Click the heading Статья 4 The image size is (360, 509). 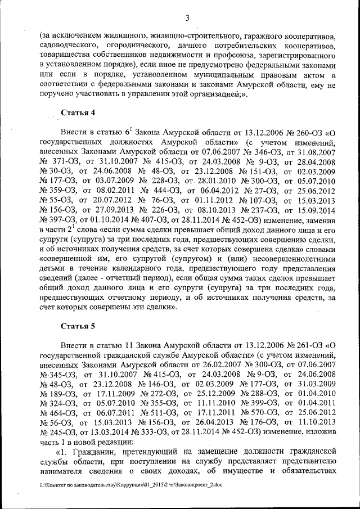point(78,112)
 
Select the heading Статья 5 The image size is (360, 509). point(78,326)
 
